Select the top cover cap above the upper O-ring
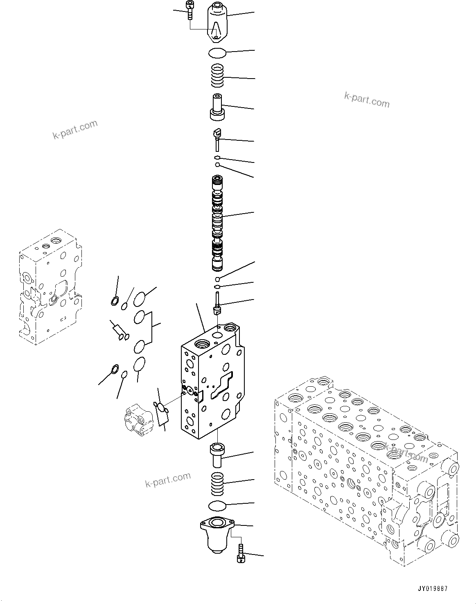(x=217, y=23)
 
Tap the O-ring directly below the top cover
(x=217, y=53)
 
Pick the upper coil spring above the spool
(x=217, y=76)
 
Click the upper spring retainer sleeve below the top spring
(x=217, y=107)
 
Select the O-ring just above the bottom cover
(x=217, y=506)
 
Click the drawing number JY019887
(x=432, y=588)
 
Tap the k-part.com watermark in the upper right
(x=367, y=99)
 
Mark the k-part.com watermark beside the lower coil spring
(x=168, y=480)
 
